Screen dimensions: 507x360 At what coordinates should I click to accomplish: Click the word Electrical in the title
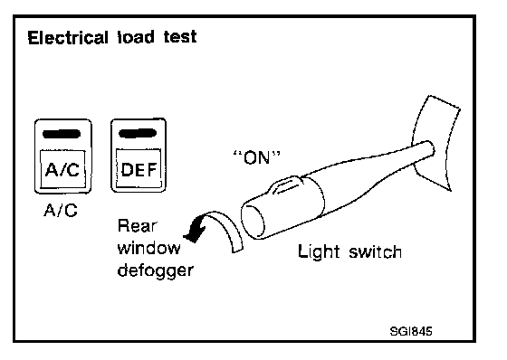click(x=68, y=37)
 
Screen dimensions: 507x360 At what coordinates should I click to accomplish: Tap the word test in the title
click(x=180, y=37)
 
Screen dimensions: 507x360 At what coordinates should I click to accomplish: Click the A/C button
click(x=63, y=156)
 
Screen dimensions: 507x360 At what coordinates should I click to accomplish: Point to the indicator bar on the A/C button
click(x=62, y=134)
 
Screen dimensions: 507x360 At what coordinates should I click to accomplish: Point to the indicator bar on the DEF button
click(x=138, y=133)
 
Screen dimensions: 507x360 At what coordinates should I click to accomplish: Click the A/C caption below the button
click(x=61, y=211)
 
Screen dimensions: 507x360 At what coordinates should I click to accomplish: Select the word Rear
click(x=137, y=225)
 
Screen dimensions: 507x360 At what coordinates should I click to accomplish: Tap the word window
click(x=149, y=248)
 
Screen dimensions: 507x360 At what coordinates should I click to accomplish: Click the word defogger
click(x=155, y=270)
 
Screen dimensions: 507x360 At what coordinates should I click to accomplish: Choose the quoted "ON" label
click(x=257, y=157)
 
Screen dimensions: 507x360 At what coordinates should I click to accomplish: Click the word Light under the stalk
click(x=319, y=251)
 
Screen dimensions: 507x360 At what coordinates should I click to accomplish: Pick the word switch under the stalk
click(x=376, y=251)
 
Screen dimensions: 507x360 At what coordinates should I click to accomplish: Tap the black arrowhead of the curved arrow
click(x=195, y=231)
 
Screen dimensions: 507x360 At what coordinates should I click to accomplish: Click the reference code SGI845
click(x=411, y=332)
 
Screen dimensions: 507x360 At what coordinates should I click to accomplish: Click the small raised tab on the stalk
click(x=286, y=185)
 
